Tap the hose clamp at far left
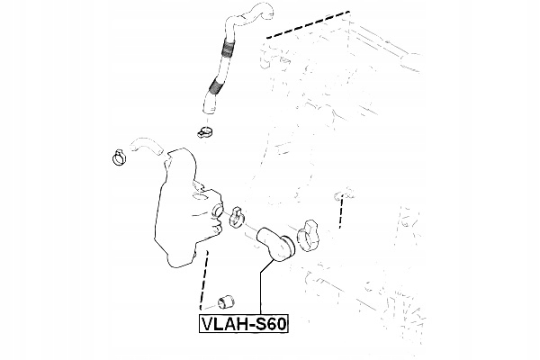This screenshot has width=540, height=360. tap(116, 157)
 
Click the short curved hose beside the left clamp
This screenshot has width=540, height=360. tap(144, 144)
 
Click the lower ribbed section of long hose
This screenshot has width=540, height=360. tap(215, 88)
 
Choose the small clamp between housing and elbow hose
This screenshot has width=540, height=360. tap(239, 216)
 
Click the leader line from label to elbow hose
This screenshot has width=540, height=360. tap(259, 288)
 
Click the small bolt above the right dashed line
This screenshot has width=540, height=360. tap(340, 192)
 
